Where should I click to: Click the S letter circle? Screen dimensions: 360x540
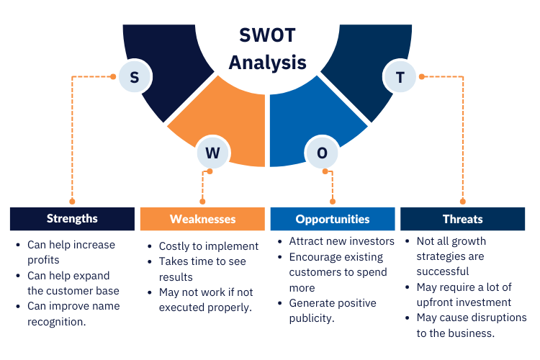click(x=134, y=76)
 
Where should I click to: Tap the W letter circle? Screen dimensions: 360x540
click(x=212, y=153)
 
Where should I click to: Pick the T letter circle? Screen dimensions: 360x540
click(x=400, y=76)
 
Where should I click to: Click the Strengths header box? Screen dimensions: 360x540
click(x=72, y=219)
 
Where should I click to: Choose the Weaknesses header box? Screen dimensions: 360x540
click(x=202, y=219)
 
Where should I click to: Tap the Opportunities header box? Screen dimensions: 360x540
click(x=333, y=219)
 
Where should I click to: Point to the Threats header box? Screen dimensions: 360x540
click(x=462, y=219)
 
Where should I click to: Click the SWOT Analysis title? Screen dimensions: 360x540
click(x=267, y=48)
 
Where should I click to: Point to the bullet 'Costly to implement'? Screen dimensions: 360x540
click(x=208, y=246)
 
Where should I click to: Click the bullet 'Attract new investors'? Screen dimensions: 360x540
click(x=341, y=241)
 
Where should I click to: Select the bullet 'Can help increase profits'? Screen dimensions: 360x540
click(x=71, y=252)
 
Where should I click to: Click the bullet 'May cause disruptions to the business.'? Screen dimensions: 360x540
click(x=471, y=325)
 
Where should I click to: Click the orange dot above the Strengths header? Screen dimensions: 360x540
click(x=71, y=202)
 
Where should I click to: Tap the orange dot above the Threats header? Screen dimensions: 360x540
click(x=462, y=202)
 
